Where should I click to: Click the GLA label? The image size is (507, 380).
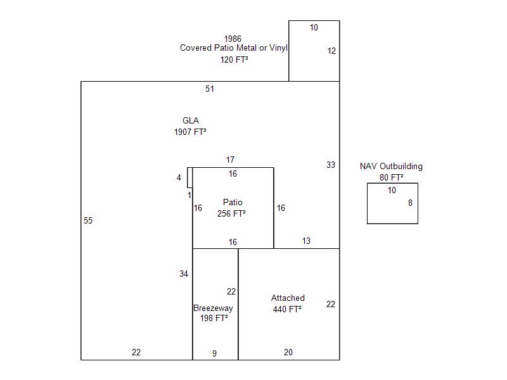tap(191, 120)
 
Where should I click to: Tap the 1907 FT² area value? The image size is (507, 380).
tap(190, 132)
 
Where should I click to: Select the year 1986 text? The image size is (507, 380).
tap(233, 39)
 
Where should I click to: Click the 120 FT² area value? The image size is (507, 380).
tap(234, 60)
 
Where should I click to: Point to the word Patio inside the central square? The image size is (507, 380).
tap(233, 202)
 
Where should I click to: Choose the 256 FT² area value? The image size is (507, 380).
tap(231, 213)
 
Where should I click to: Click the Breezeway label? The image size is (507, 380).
tap(213, 308)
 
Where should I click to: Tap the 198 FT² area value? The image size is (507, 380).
tap(214, 318)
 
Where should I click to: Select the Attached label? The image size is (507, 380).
tap(288, 298)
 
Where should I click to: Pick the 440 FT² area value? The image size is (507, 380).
tap(287, 309)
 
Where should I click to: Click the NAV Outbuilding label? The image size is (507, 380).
tap(391, 166)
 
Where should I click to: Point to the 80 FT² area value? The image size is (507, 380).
tap(392, 177)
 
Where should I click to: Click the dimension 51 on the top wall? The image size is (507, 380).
tap(210, 89)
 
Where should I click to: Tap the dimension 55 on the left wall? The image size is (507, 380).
tap(88, 220)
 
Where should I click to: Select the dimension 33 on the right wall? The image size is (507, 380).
tap(330, 165)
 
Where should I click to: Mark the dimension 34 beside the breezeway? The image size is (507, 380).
tap(184, 274)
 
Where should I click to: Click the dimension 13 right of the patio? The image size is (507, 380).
tap(306, 241)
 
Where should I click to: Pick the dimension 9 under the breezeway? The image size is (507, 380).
tap(214, 353)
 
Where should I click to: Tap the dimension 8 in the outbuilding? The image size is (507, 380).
tap(410, 203)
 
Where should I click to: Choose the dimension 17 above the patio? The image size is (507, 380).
tap(230, 160)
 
